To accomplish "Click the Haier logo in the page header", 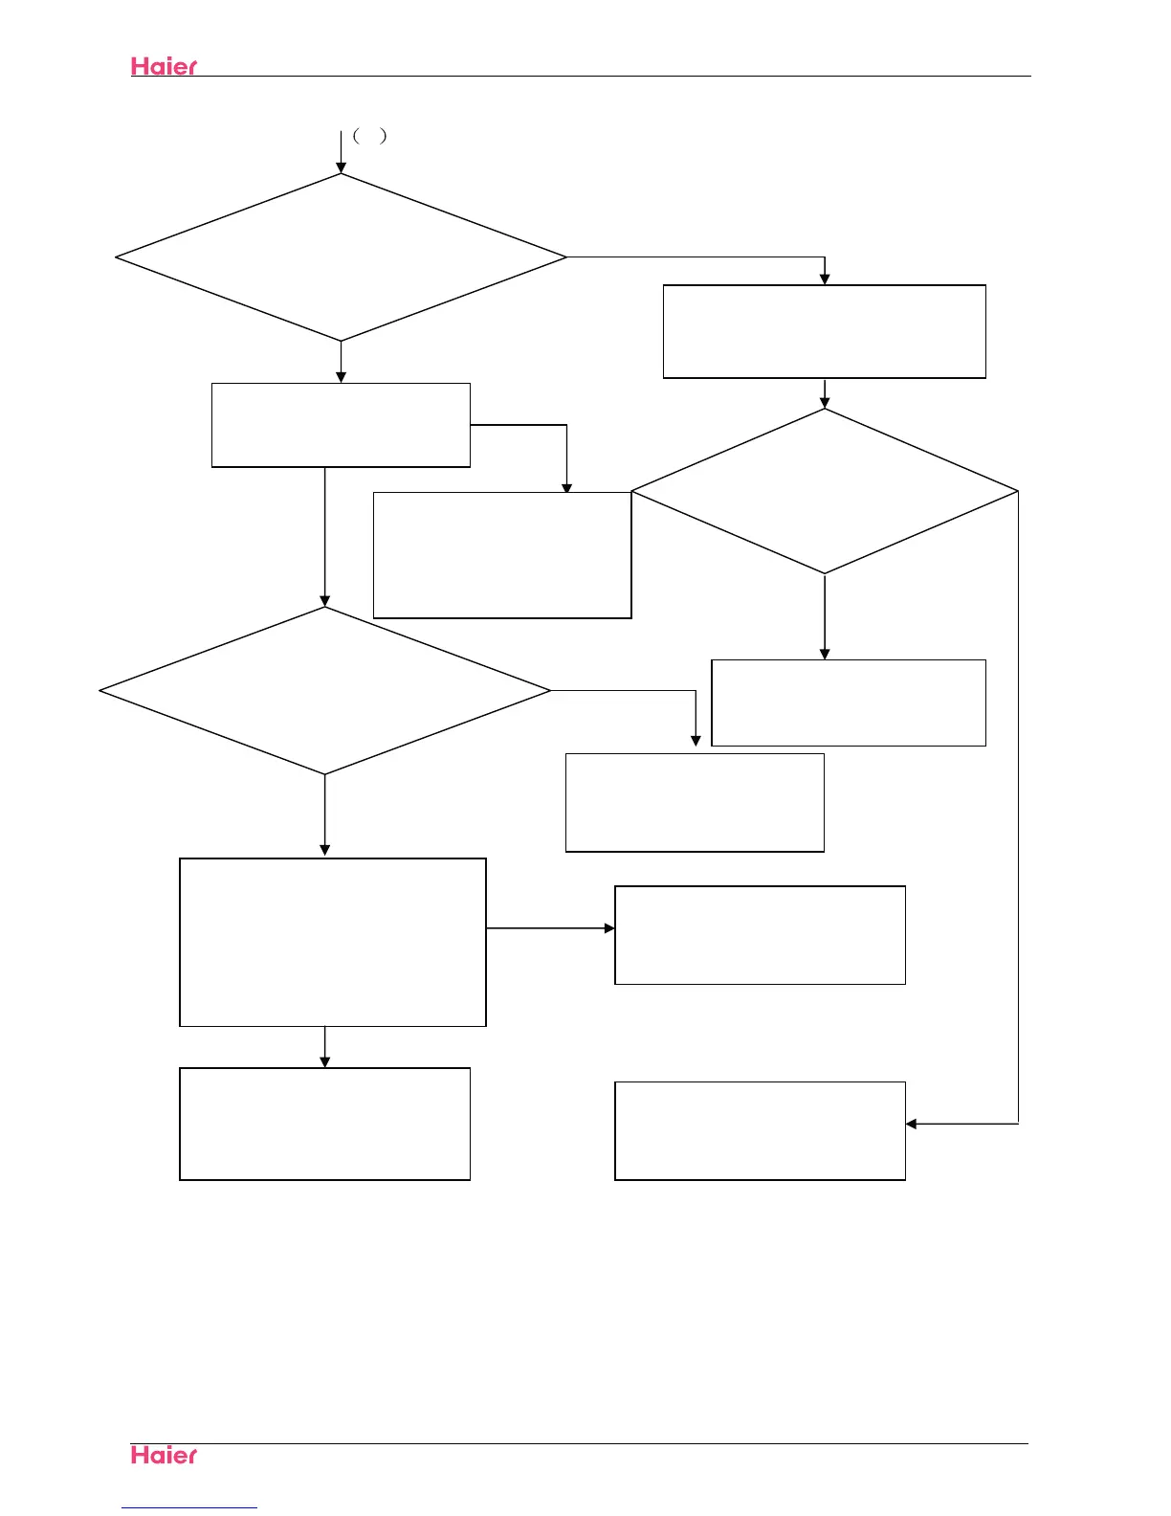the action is coord(164,66).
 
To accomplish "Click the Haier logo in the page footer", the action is coord(164,1455).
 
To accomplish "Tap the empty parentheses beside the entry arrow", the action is coord(369,136).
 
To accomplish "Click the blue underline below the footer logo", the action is coord(189,1507).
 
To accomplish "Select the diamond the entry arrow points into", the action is coord(341,256).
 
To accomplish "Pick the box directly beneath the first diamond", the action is coord(341,425).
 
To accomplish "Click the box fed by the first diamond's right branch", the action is coord(824,331).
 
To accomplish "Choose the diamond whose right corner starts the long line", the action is coord(824,491).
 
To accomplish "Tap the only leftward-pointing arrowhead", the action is coord(912,1124).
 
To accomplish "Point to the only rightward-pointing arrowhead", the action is coord(608,928).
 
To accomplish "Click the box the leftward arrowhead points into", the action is coord(760,1130).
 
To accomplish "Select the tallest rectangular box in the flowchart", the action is coord(333,942).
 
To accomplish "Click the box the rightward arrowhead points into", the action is coord(760,935).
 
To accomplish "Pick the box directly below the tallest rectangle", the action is coord(325,1124).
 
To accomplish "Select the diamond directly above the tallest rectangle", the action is coord(325,690).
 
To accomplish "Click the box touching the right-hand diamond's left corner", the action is coord(502,555).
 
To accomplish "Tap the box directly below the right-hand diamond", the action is coord(849,702).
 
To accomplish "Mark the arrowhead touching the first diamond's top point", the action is coord(341,167).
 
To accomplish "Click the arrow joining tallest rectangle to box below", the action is coord(325,1048).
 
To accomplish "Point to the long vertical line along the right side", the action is coord(1018,814).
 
